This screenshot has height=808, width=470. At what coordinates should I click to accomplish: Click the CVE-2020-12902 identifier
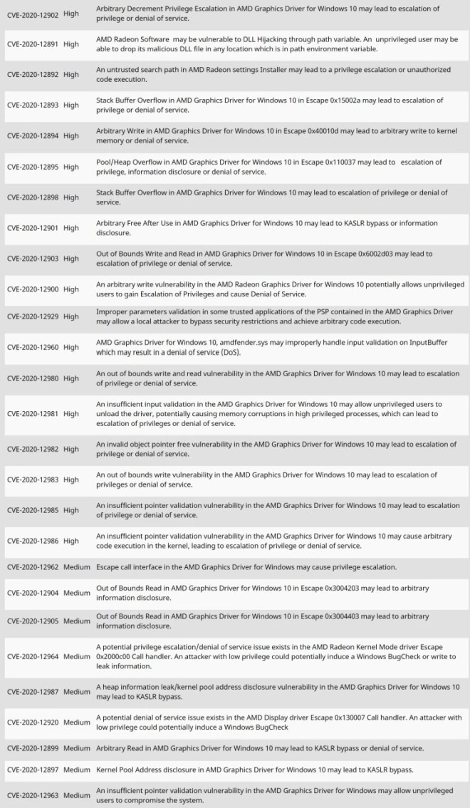[33, 14]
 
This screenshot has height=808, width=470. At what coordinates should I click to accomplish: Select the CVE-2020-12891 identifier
[33, 44]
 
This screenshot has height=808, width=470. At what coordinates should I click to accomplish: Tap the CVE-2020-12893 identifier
[33, 105]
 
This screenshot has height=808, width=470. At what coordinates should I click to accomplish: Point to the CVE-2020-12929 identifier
[33, 316]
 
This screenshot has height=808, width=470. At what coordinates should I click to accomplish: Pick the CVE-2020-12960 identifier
[33, 347]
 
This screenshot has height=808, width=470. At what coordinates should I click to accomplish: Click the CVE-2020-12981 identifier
[33, 414]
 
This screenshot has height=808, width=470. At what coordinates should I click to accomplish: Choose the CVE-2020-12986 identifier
[33, 541]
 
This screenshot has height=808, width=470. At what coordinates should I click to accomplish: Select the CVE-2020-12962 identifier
[33, 567]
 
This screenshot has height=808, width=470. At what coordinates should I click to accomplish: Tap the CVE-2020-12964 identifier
[33, 656]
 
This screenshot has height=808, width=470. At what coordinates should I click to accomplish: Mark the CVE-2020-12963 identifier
[33, 795]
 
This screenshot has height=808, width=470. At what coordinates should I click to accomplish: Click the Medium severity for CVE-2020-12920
[77, 722]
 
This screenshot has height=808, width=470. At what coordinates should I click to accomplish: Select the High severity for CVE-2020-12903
[71, 259]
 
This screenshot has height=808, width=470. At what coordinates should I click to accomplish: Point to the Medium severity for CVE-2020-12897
[77, 770]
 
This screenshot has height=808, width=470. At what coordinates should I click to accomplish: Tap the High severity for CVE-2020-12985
[71, 510]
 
